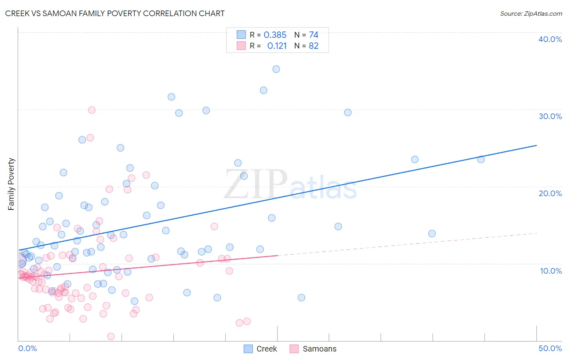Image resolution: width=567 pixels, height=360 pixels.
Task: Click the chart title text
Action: coord(115,13)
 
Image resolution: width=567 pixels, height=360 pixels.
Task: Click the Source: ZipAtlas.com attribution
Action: coord(531,13)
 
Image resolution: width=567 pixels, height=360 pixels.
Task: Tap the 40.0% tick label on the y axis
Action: coord(550,39)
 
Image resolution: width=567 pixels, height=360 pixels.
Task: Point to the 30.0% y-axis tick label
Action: coord(550,116)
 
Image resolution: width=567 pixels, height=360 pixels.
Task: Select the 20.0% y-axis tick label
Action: coord(550,193)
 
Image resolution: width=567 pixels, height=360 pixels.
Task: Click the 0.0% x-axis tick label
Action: coord(27,348)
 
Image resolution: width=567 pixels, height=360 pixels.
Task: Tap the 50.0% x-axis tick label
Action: coord(550,348)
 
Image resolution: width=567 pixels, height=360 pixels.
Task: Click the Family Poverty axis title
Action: coord(11,184)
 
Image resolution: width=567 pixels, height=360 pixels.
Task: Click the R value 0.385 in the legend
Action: coord(275,35)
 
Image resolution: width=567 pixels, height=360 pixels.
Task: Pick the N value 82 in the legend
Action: coord(314,46)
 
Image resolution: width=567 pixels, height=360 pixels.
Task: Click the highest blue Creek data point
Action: coord(276,69)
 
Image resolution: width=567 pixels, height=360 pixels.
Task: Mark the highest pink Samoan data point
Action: coord(92,110)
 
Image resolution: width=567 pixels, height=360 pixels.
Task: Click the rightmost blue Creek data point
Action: coord(481,159)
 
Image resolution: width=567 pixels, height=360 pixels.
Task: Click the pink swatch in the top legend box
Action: coord(241,46)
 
